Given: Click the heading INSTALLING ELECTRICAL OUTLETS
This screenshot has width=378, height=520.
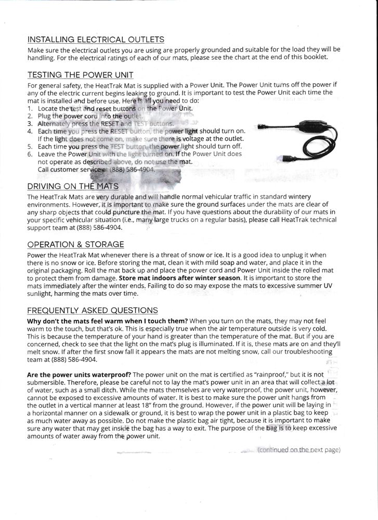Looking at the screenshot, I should (96, 40).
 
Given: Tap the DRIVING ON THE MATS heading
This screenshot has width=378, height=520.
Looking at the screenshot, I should (73, 187).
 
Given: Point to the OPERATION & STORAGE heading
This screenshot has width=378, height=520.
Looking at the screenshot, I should (75, 244).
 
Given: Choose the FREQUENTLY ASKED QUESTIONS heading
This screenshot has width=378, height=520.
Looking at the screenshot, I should (92, 310).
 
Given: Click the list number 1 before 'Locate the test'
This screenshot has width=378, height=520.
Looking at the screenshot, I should (30, 108).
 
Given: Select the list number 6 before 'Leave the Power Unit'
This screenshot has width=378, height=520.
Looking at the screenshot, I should (30, 154).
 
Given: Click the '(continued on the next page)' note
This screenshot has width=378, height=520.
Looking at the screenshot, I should (299, 450).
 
